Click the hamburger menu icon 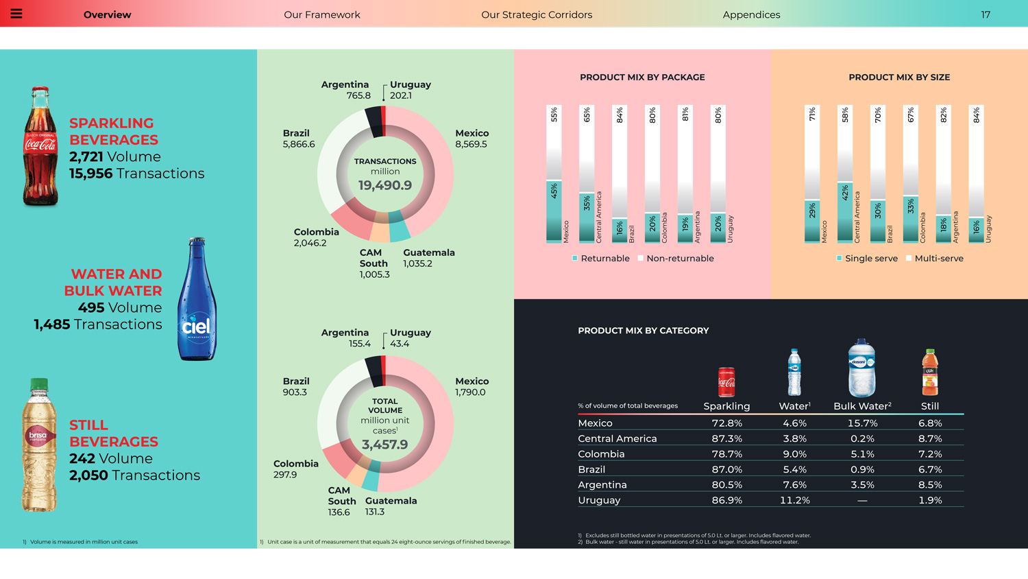pos(16,14)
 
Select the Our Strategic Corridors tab pos(537,14)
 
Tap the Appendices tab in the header pos(751,14)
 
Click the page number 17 pos(986,14)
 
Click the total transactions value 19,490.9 pos(385,185)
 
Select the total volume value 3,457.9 pos(385,445)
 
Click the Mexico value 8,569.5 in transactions pos(471,144)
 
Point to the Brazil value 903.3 pos(295,392)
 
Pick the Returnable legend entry pos(600,259)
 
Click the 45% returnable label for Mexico pos(554,191)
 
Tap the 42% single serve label pos(845,193)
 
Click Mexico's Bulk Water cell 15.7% pos(862,423)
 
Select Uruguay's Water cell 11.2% pos(794,500)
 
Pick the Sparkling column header pos(726,406)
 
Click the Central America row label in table pos(617,438)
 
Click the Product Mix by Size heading pos(899,78)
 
